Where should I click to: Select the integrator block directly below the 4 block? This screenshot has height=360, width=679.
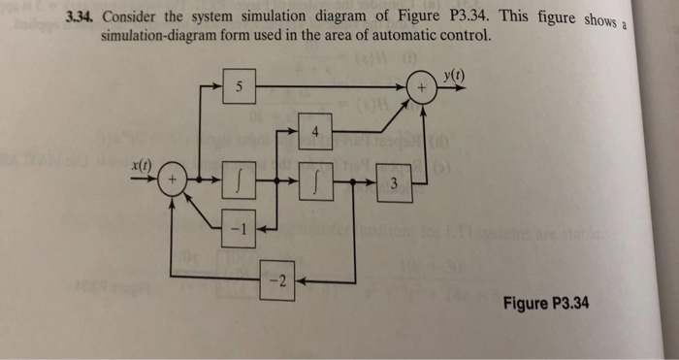(314, 181)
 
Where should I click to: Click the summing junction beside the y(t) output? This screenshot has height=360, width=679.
(422, 87)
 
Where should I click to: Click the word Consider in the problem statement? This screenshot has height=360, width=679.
(136, 16)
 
